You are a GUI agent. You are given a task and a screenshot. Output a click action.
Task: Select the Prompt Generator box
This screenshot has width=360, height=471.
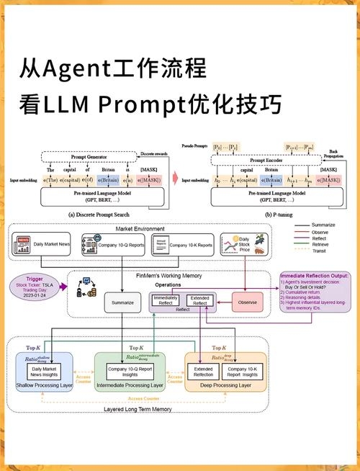(93, 157)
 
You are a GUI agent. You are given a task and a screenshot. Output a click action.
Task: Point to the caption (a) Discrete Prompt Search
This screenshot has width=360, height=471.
(99, 214)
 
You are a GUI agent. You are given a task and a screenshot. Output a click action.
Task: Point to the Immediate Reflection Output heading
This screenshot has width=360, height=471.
(315, 276)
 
